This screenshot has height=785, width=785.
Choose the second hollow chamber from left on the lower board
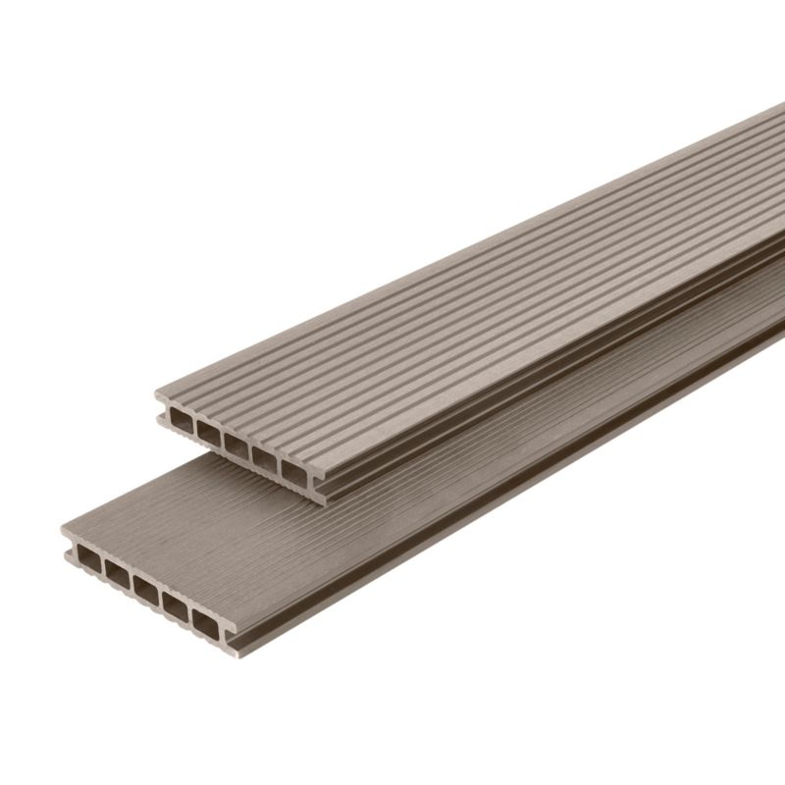(x=119, y=575)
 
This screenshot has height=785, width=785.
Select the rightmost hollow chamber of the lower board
(x=207, y=619)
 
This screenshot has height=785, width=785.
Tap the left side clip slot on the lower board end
(x=69, y=549)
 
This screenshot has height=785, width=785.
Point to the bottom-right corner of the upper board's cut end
(x=321, y=502)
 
